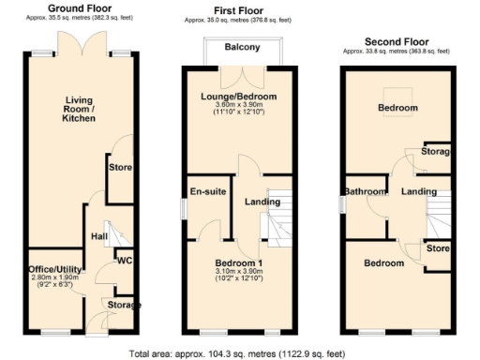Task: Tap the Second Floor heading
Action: tap(397, 42)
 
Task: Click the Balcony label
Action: tap(242, 49)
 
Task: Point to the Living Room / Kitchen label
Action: tap(83, 109)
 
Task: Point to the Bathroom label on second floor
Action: tap(366, 192)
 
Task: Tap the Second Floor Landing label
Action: tap(419, 192)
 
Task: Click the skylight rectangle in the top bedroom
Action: tap(399, 107)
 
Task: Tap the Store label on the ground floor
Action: tap(120, 169)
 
